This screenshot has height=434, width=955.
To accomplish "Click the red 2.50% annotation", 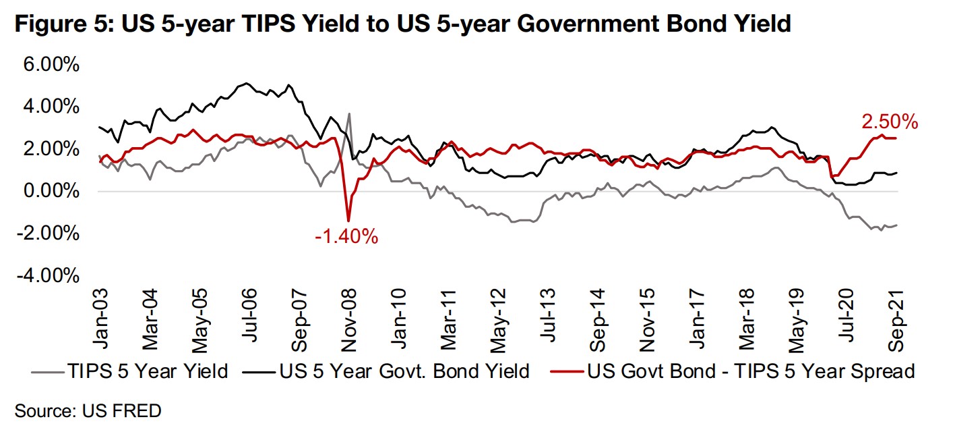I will coord(889,122).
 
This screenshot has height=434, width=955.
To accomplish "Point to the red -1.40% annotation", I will coord(346,237).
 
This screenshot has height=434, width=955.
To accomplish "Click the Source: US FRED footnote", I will coord(88,410).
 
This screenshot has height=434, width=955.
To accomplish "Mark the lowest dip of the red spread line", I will coord(348,220).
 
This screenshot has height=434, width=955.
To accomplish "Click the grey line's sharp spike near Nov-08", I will coord(349,113).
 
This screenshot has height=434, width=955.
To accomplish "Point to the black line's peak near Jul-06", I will coord(247,84).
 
